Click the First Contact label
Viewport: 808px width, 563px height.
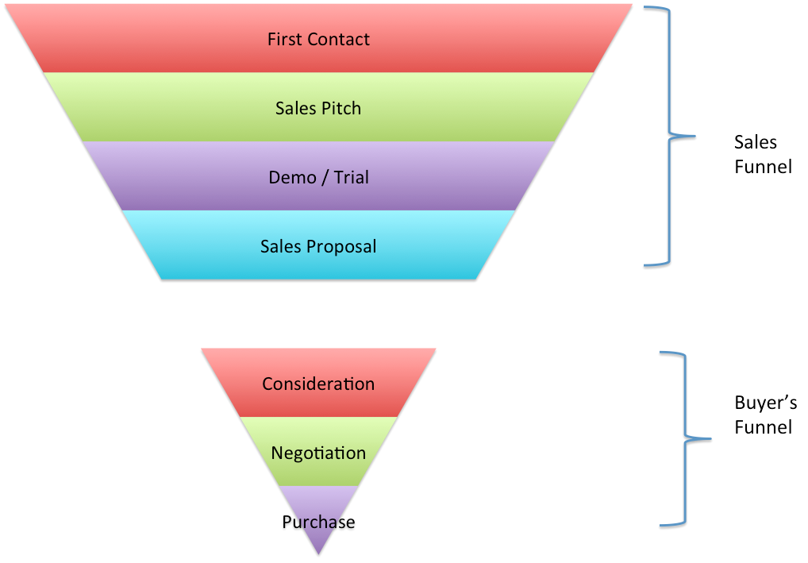pyautogui.click(x=318, y=39)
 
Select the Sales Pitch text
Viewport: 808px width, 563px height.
pyautogui.click(x=318, y=108)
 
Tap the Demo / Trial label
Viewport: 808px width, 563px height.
pyautogui.click(x=318, y=177)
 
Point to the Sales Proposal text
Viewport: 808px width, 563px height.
pyautogui.click(x=318, y=246)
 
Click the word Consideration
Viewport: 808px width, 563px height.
pyautogui.click(x=318, y=384)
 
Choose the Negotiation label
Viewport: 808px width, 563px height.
pyautogui.click(x=318, y=453)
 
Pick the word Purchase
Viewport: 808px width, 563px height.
pyautogui.click(x=318, y=522)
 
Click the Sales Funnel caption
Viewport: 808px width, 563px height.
pyautogui.click(x=763, y=155)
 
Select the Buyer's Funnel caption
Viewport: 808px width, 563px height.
pyautogui.click(x=763, y=415)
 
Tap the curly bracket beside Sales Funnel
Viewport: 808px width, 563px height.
pyautogui.click(x=671, y=134)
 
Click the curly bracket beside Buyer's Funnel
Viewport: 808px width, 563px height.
pyautogui.click(x=683, y=438)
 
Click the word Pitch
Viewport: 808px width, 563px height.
pyautogui.click(x=341, y=108)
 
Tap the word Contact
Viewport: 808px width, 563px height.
pyautogui.click(x=339, y=39)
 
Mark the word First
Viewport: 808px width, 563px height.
pyautogui.click(x=284, y=39)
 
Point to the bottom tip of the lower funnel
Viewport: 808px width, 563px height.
pyautogui.click(x=318, y=553)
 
